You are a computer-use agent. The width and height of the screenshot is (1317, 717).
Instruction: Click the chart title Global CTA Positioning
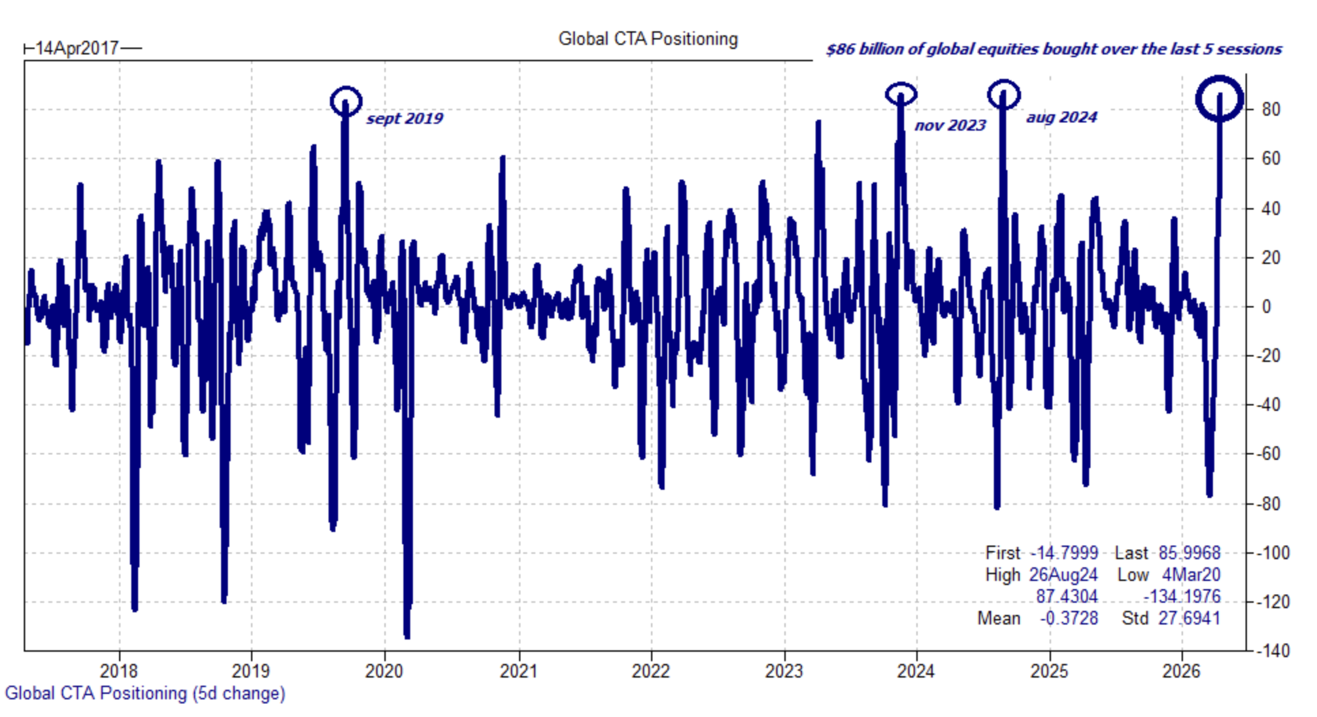click(x=648, y=39)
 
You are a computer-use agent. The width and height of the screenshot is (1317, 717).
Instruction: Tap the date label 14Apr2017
click(x=77, y=48)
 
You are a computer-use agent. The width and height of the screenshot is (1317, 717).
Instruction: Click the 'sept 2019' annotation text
click(x=405, y=118)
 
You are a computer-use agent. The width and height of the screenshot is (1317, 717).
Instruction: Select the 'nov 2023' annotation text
click(x=950, y=125)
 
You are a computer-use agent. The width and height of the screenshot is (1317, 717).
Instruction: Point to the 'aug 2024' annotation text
click(x=1061, y=117)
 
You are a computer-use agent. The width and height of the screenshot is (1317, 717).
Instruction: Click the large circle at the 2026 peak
click(x=1220, y=99)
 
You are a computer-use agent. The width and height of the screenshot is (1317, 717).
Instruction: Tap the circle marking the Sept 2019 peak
click(x=346, y=101)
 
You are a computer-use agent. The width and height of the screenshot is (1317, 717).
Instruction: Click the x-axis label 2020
click(x=384, y=671)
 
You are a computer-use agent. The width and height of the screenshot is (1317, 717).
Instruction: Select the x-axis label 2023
click(x=784, y=671)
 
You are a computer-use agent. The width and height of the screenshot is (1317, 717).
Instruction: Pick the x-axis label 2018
click(x=119, y=671)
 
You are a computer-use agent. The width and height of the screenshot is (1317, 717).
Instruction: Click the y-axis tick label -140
click(x=1271, y=651)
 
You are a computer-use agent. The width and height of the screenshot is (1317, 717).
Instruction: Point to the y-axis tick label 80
click(x=1270, y=110)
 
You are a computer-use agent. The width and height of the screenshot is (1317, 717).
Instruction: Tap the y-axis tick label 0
click(x=1266, y=307)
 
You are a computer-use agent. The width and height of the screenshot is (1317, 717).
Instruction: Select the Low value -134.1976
click(x=1182, y=597)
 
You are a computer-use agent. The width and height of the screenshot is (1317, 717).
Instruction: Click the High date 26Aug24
click(x=1063, y=575)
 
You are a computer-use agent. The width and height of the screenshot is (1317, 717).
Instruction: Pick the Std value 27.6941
click(x=1189, y=618)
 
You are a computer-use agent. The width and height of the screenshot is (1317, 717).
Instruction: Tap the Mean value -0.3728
click(x=1068, y=618)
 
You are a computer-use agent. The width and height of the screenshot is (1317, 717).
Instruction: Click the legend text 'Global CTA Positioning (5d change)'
click(x=145, y=693)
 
